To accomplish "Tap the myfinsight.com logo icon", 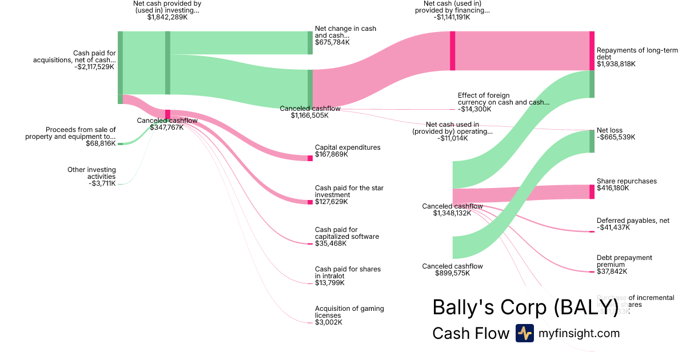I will [x=524, y=333].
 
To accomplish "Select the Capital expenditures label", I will [x=348, y=147].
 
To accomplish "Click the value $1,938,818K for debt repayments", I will [x=616, y=64].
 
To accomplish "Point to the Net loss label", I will [x=609, y=130].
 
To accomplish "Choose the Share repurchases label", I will [x=627, y=181].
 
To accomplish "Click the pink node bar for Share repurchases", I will [x=592, y=191].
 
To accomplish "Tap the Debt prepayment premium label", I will [x=624, y=261].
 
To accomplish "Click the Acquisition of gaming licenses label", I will [x=349, y=312].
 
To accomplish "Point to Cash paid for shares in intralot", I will [x=348, y=273].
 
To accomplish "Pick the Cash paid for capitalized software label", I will [x=347, y=233].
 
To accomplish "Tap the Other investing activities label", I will [x=91, y=173].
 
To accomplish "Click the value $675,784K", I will [x=332, y=42].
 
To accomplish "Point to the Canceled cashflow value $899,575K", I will [x=452, y=273].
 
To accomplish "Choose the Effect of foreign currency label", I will [x=503, y=99].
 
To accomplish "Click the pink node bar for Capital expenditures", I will [x=310, y=158].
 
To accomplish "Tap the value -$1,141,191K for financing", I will [x=452, y=17].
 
